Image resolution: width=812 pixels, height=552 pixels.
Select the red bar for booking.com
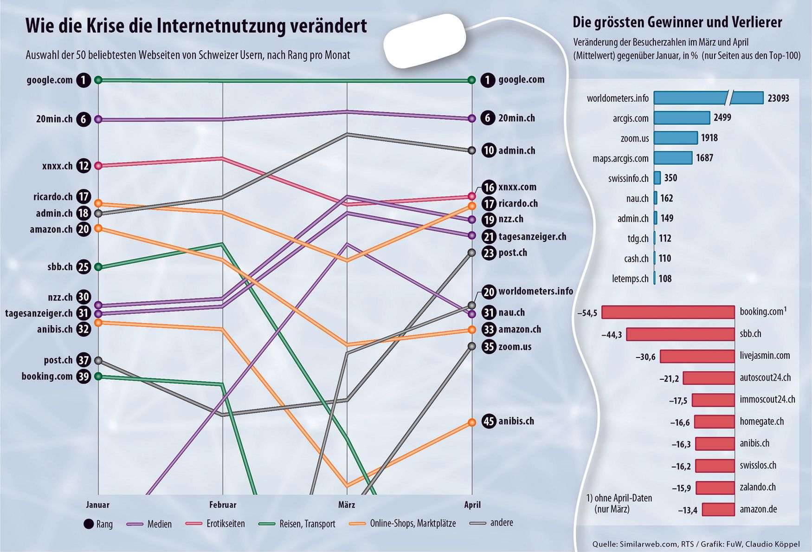(668, 312)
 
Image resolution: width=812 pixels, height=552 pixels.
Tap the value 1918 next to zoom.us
(709, 138)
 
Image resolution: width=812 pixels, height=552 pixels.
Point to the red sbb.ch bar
(680, 334)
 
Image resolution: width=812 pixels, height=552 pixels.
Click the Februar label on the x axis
(223, 505)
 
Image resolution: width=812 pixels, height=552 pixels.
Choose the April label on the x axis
(472, 505)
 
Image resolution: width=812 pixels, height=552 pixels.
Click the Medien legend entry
(159, 524)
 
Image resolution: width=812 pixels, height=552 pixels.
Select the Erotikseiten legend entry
(225, 524)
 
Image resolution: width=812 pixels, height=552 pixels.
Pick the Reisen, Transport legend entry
(307, 524)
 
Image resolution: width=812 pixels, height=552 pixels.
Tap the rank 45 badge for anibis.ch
(489, 422)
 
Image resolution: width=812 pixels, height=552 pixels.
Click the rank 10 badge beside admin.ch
(489, 150)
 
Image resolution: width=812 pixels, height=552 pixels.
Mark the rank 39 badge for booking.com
(84, 377)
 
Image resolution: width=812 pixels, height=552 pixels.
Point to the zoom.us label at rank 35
(515, 347)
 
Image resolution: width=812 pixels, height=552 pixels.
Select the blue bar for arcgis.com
(682, 118)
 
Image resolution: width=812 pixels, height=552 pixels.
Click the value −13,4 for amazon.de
(687, 510)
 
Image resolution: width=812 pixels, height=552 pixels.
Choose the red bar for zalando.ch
(715, 488)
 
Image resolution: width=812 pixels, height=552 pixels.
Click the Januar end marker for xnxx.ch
(98, 166)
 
